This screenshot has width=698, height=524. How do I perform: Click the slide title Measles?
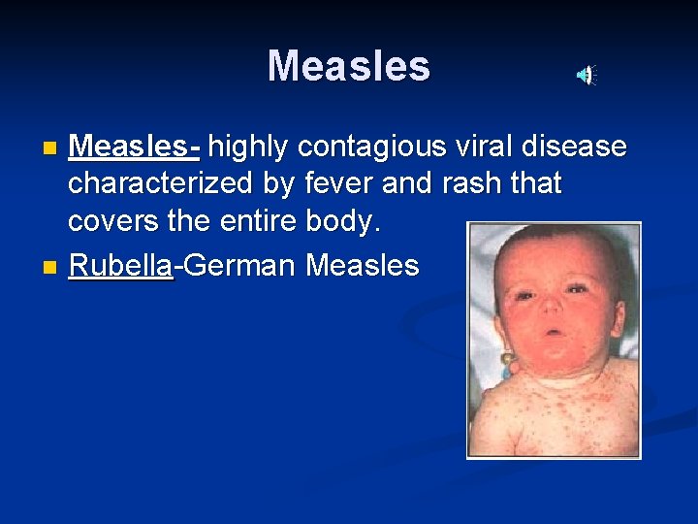click(x=348, y=66)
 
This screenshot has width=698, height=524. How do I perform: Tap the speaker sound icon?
click(x=587, y=75)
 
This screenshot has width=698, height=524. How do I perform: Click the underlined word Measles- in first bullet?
click(x=135, y=147)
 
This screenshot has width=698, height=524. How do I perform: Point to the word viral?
click(x=489, y=147)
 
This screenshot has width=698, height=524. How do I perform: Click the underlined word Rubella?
click(x=120, y=265)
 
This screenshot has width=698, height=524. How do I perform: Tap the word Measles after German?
click(x=363, y=265)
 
